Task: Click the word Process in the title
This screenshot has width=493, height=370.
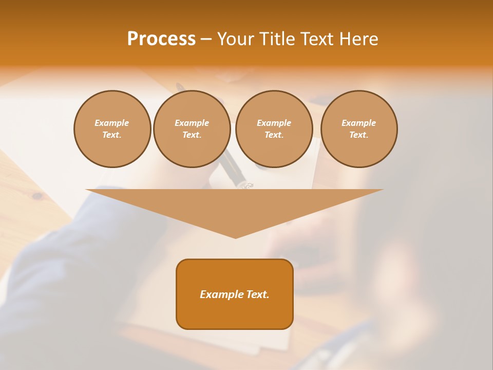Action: tap(161, 39)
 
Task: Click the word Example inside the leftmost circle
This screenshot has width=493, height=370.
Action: tap(112, 123)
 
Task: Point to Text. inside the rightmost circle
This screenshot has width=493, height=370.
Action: tap(359, 135)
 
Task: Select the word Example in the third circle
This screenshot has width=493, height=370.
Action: tap(274, 123)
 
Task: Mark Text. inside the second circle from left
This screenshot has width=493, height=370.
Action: tap(192, 135)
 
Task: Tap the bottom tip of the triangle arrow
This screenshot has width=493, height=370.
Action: tap(235, 237)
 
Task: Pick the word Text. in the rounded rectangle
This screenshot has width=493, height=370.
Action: tap(258, 294)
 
